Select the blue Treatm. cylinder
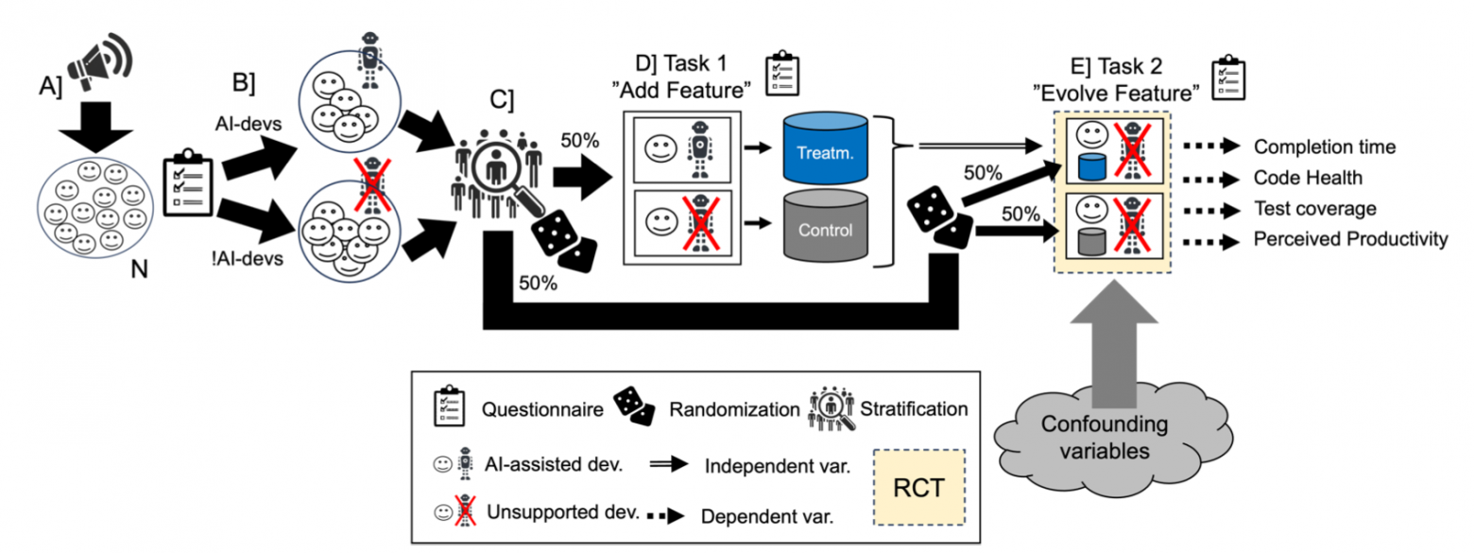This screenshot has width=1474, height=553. coord(825,147)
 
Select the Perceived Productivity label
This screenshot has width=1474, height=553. coord(1350,240)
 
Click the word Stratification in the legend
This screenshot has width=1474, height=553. coord(914,410)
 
